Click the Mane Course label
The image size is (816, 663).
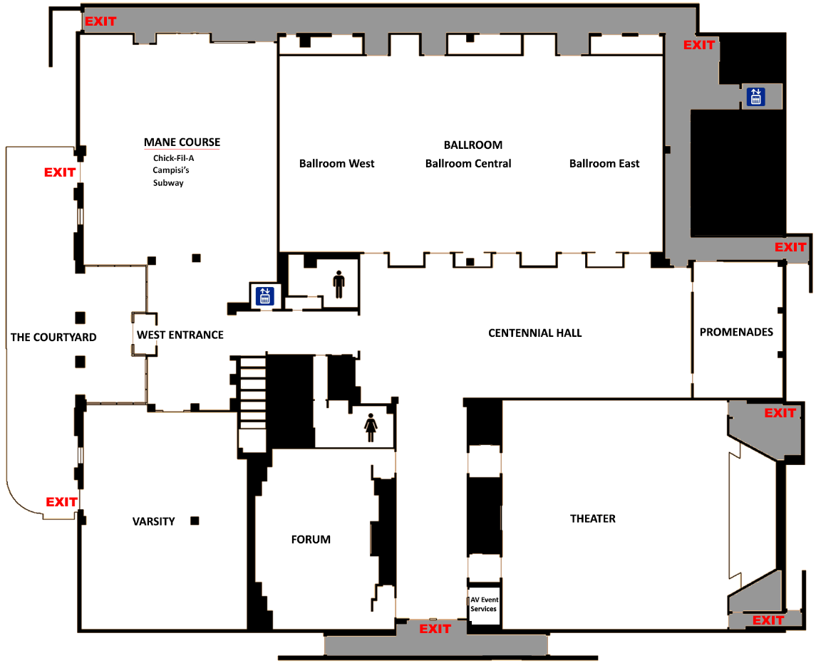pos(182,142)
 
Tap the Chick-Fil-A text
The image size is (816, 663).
pos(173,158)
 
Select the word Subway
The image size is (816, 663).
pos(168,183)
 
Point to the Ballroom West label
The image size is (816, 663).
pos(336,164)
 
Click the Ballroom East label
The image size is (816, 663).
pos(604,164)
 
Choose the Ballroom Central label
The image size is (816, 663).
pos(468,164)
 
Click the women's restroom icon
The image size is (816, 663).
pos(371,427)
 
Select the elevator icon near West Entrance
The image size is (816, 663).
pos(265,295)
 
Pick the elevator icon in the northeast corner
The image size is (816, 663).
pos(755,97)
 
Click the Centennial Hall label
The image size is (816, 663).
pos(534,333)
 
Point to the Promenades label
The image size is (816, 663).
pos(736,332)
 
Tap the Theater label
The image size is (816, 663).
pos(592,518)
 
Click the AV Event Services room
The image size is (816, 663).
pos(484,605)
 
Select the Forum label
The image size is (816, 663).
pos(311,540)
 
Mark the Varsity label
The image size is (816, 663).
pos(153,521)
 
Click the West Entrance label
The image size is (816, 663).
pos(180,335)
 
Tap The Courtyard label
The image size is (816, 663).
pos(53,337)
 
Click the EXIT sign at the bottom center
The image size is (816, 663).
pos(435,629)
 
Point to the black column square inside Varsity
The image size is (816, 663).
pos(195,521)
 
